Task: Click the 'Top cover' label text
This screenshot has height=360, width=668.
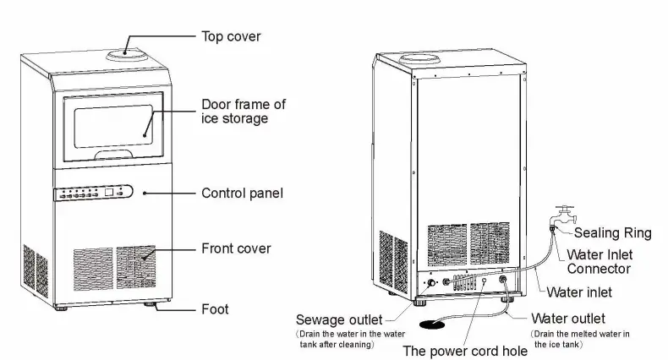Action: point(231,36)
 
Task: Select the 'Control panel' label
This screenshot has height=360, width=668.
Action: point(242,194)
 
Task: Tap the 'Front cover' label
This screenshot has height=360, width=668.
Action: point(236,248)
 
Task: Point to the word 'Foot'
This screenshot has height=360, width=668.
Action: point(215,309)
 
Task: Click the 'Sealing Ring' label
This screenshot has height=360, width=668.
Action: point(613,233)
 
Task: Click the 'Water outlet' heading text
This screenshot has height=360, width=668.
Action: point(567,319)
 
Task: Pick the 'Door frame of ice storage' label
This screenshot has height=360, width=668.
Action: point(244,112)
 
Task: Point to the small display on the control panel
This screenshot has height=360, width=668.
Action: point(110,194)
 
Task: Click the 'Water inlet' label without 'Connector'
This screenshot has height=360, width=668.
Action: point(579,292)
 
